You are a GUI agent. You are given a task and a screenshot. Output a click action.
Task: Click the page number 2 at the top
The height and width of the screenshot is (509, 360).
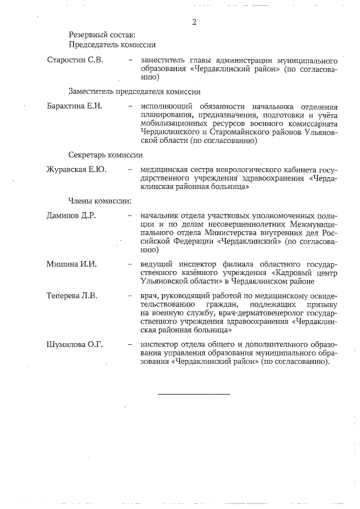(x=194, y=22)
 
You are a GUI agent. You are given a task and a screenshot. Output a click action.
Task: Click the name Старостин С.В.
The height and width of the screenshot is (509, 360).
(x=75, y=60)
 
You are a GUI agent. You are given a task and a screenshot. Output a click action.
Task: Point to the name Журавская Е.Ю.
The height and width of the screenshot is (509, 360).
(x=76, y=169)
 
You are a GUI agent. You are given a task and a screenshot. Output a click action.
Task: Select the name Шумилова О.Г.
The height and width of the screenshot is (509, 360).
(x=75, y=344)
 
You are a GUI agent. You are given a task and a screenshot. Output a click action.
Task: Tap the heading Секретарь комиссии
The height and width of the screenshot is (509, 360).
(x=105, y=154)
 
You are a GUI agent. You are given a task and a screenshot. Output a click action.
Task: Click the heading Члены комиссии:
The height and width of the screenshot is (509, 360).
(x=100, y=201)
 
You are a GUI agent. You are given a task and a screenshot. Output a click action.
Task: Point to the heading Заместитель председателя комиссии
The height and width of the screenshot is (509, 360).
(x=134, y=91)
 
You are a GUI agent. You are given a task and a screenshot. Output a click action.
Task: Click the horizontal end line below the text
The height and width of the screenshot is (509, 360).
(x=194, y=393)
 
